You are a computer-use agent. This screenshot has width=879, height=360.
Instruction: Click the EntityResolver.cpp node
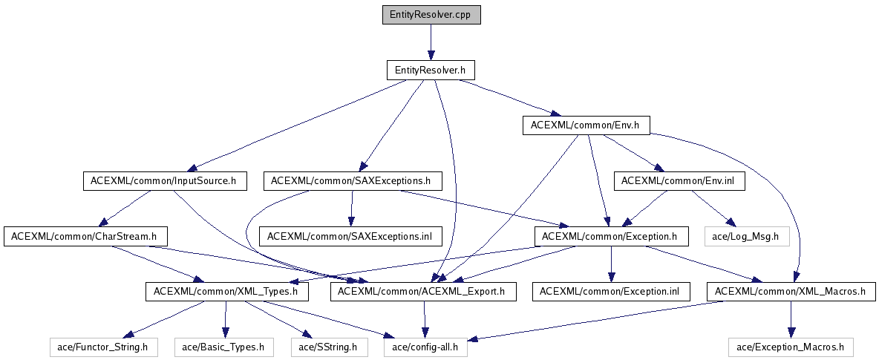point(431,15)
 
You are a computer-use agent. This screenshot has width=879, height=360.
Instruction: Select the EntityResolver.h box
point(430,70)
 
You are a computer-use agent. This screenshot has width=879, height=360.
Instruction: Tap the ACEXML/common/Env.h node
point(586,125)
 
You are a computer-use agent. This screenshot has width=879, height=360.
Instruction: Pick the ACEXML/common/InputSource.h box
point(163,180)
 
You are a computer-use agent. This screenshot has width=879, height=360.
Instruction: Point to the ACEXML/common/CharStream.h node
point(85,236)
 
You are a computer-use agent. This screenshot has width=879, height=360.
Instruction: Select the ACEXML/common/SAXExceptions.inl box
point(350,236)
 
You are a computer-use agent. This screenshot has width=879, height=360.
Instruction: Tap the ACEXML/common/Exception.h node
point(610,236)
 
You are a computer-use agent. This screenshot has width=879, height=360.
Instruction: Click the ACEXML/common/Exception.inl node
point(611,292)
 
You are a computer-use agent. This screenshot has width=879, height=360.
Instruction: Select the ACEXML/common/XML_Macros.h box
point(791,292)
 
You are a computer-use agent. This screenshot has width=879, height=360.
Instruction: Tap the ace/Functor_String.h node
point(104,347)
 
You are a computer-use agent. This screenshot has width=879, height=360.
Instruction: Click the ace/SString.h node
point(328,347)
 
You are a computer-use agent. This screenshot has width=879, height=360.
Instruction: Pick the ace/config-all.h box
point(425,347)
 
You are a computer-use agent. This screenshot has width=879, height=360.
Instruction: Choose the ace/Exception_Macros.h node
point(791,347)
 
